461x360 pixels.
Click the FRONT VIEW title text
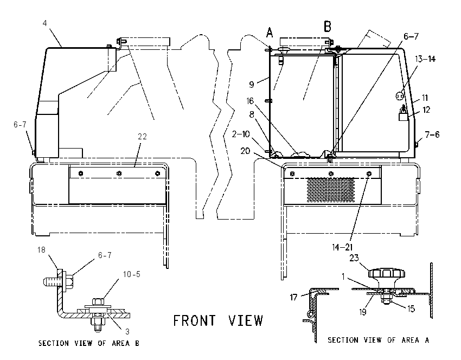tap(218, 320)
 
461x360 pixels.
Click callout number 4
tap(44, 23)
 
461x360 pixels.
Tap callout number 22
tap(142, 137)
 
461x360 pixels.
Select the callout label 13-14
tap(425, 59)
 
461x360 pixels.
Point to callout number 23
tap(354, 258)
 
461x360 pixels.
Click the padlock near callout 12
tap(403, 114)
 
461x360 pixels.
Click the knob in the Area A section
tap(387, 278)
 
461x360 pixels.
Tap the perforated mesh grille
tap(331, 190)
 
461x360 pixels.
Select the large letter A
tap(270, 33)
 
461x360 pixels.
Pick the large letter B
tap(327, 27)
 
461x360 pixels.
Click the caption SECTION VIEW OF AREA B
tap(89, 343)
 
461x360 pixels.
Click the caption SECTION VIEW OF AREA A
tap(379, 340)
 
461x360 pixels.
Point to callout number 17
tap(294, 298)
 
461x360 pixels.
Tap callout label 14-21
tap(342, 247)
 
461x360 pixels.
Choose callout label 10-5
tap(131, 274)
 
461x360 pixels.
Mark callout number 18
tap(41, 250)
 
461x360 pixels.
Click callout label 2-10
tap(241, 134)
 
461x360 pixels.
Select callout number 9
tap(251, 85)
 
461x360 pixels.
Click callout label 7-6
tap(432, 134)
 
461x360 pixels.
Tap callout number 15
tap(411, 308)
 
